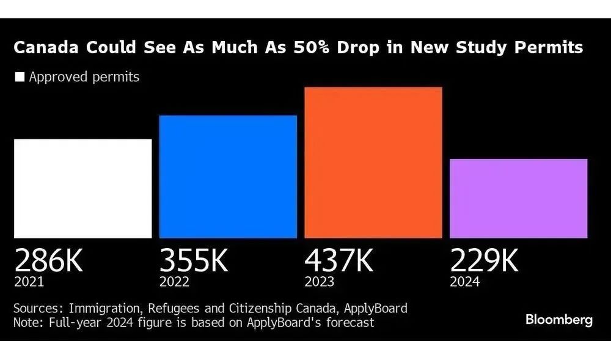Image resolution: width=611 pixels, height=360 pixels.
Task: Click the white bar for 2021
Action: (82, 188)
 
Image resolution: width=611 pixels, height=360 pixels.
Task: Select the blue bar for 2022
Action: (228, 177)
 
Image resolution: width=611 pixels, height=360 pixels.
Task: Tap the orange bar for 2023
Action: (373, 163)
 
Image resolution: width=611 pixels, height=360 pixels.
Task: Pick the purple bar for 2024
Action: (518, 198)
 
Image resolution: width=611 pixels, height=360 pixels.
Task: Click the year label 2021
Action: (29, 282)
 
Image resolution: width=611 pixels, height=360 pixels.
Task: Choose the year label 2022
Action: (174, 282)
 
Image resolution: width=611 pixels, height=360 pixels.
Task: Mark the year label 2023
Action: (320, 282)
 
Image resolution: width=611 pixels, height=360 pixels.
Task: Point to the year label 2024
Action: (465, 282)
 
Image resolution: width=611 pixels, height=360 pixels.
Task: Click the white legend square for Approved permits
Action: (20, 78)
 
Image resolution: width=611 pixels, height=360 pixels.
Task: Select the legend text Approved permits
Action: (84, 78)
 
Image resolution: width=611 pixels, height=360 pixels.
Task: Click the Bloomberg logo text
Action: (558, 320)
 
